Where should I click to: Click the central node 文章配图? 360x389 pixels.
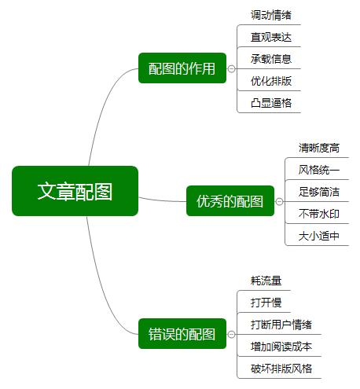[75, 191]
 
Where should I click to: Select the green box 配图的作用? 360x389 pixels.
[182, 68]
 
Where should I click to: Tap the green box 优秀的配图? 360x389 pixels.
[230, 201]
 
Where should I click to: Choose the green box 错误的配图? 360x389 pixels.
[182, 334]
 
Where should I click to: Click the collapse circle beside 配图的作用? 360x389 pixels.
[231, 68]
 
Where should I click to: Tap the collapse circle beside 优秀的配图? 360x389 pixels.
[280, 201]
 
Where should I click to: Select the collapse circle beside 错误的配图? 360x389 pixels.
[231, 334]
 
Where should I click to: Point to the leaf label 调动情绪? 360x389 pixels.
[271, 15]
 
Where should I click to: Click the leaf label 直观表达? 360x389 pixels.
[271, 37]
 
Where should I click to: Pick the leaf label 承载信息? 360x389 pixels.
[271, 59]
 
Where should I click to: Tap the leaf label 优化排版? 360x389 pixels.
[271, 81]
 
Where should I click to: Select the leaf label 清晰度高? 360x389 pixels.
[319, 148]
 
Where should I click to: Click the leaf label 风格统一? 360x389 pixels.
[319, 170]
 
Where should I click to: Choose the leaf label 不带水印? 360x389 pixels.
[319, 214]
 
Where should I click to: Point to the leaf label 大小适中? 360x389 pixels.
[319, 236]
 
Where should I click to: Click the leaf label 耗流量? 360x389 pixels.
[266, 281]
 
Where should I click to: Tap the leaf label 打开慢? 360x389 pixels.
[266, 303]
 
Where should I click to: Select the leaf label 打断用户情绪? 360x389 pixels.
[281, 325]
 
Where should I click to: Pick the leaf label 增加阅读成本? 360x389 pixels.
[281, 347]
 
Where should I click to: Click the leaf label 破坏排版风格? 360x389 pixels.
[281, 369]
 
